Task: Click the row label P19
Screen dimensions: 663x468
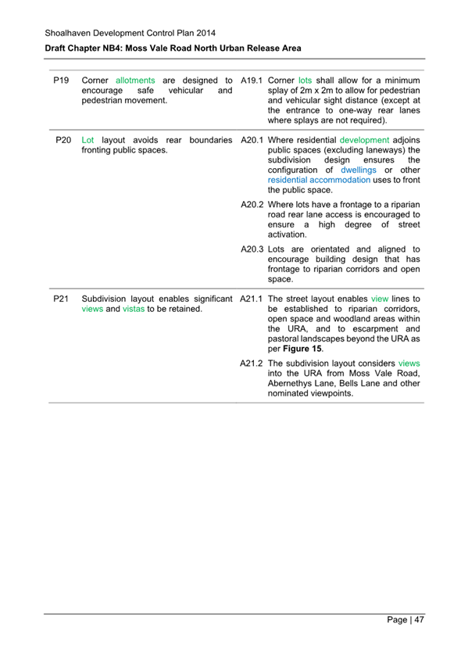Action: (x=63, y=80)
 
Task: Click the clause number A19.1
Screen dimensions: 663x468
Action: (x=252, y=80)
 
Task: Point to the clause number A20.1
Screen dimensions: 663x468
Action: (x=252, y=139)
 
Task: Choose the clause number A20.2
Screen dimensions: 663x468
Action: (x=252, y=204)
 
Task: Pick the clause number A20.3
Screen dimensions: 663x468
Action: (x=252, y=249)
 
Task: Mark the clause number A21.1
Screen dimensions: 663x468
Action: (x=252, y=299)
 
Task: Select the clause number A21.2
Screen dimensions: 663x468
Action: (x=252, y=364)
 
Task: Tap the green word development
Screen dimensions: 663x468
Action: (x=364, y=139)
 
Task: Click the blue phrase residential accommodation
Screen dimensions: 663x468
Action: (x=319, y=180)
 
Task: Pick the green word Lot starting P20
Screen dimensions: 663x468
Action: (x=88, y=139)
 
